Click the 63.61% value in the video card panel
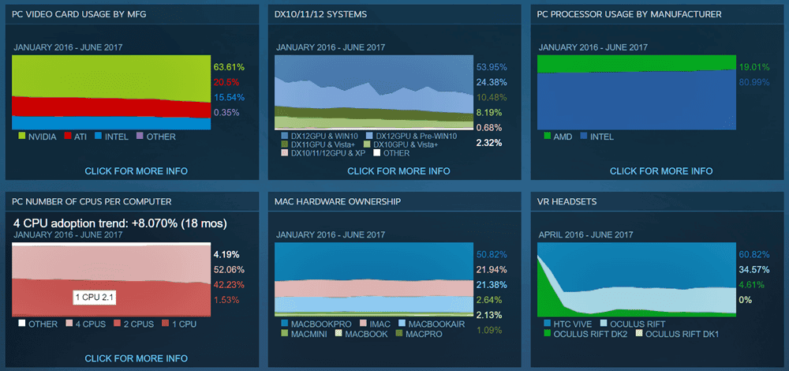click(x=229, y=67)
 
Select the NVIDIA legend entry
click(x=36, y=137)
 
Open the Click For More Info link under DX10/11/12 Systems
click(x=398, y=171)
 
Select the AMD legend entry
click(x=560, y=137)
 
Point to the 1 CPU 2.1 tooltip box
click(x=95, y=297)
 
